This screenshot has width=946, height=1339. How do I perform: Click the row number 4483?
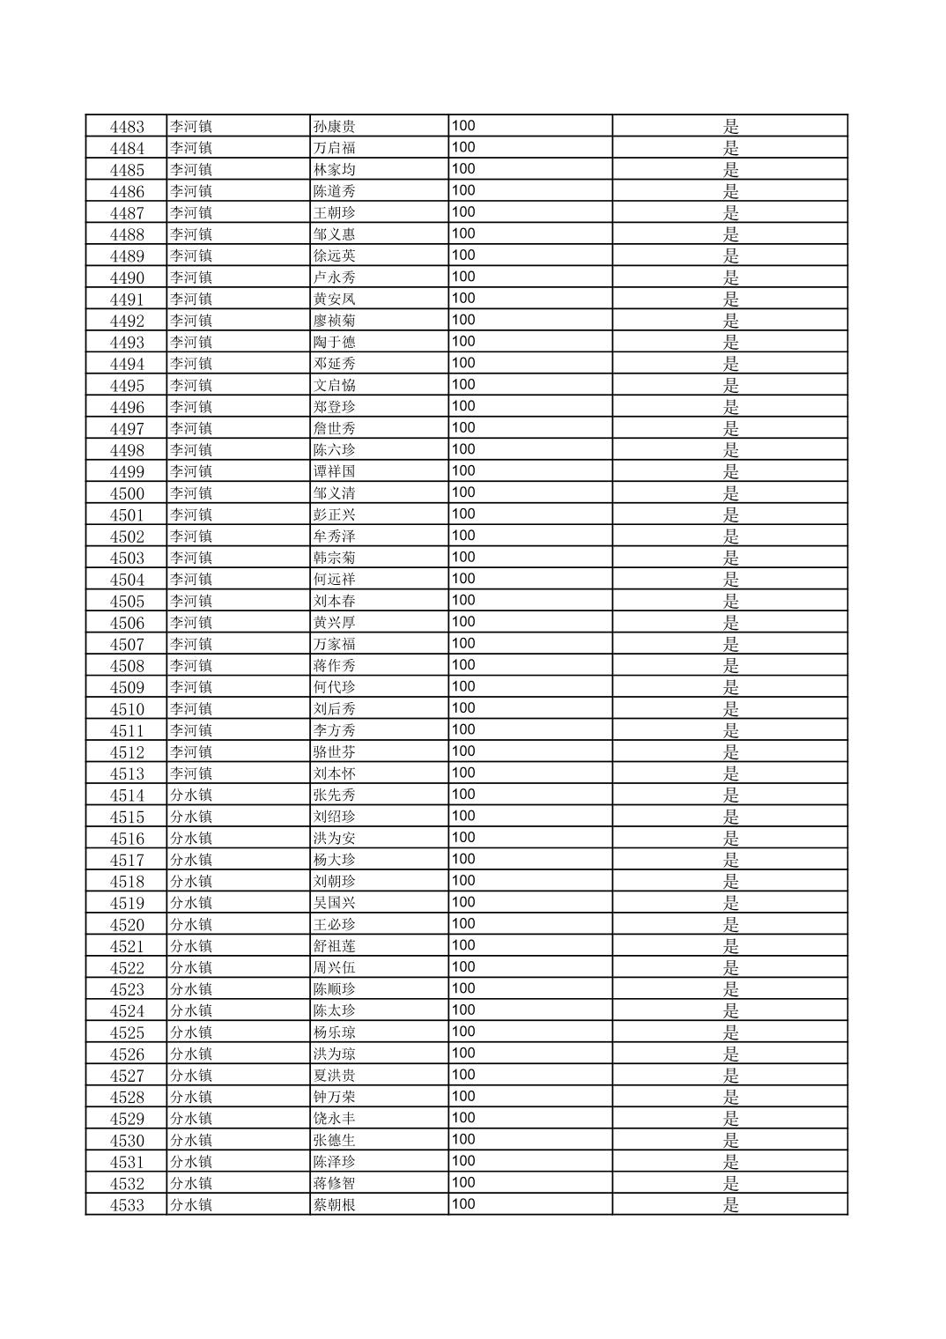point(127,126)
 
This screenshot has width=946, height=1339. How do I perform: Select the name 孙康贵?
point(335,126)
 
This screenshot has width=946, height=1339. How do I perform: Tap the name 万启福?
point(335,148)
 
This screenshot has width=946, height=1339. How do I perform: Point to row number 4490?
point(127,277)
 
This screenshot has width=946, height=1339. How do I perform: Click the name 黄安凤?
point(335,299)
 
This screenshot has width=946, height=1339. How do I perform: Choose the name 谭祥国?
point(335,471)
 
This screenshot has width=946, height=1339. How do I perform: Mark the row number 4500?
point(127,493)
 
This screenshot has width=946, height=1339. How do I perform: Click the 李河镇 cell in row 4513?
point(191,773)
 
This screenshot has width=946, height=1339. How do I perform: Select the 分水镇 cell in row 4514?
point(191,795)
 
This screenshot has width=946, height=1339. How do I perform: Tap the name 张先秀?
point(335,795)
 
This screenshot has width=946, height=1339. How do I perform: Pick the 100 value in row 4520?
point(463,923)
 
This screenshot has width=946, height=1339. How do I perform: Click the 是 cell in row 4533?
point(730,1204)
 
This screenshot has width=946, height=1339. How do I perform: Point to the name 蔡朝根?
point(335,1204)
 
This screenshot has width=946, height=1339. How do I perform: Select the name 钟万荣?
point(335,1097)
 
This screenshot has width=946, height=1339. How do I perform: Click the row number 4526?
point(127,1054)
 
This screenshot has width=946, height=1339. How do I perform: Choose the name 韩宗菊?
point(335,558)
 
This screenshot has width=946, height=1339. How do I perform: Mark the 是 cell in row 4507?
point(730,644)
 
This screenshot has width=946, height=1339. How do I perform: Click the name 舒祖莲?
point(335,946)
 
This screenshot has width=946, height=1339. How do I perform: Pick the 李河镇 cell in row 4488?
point(191,234)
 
